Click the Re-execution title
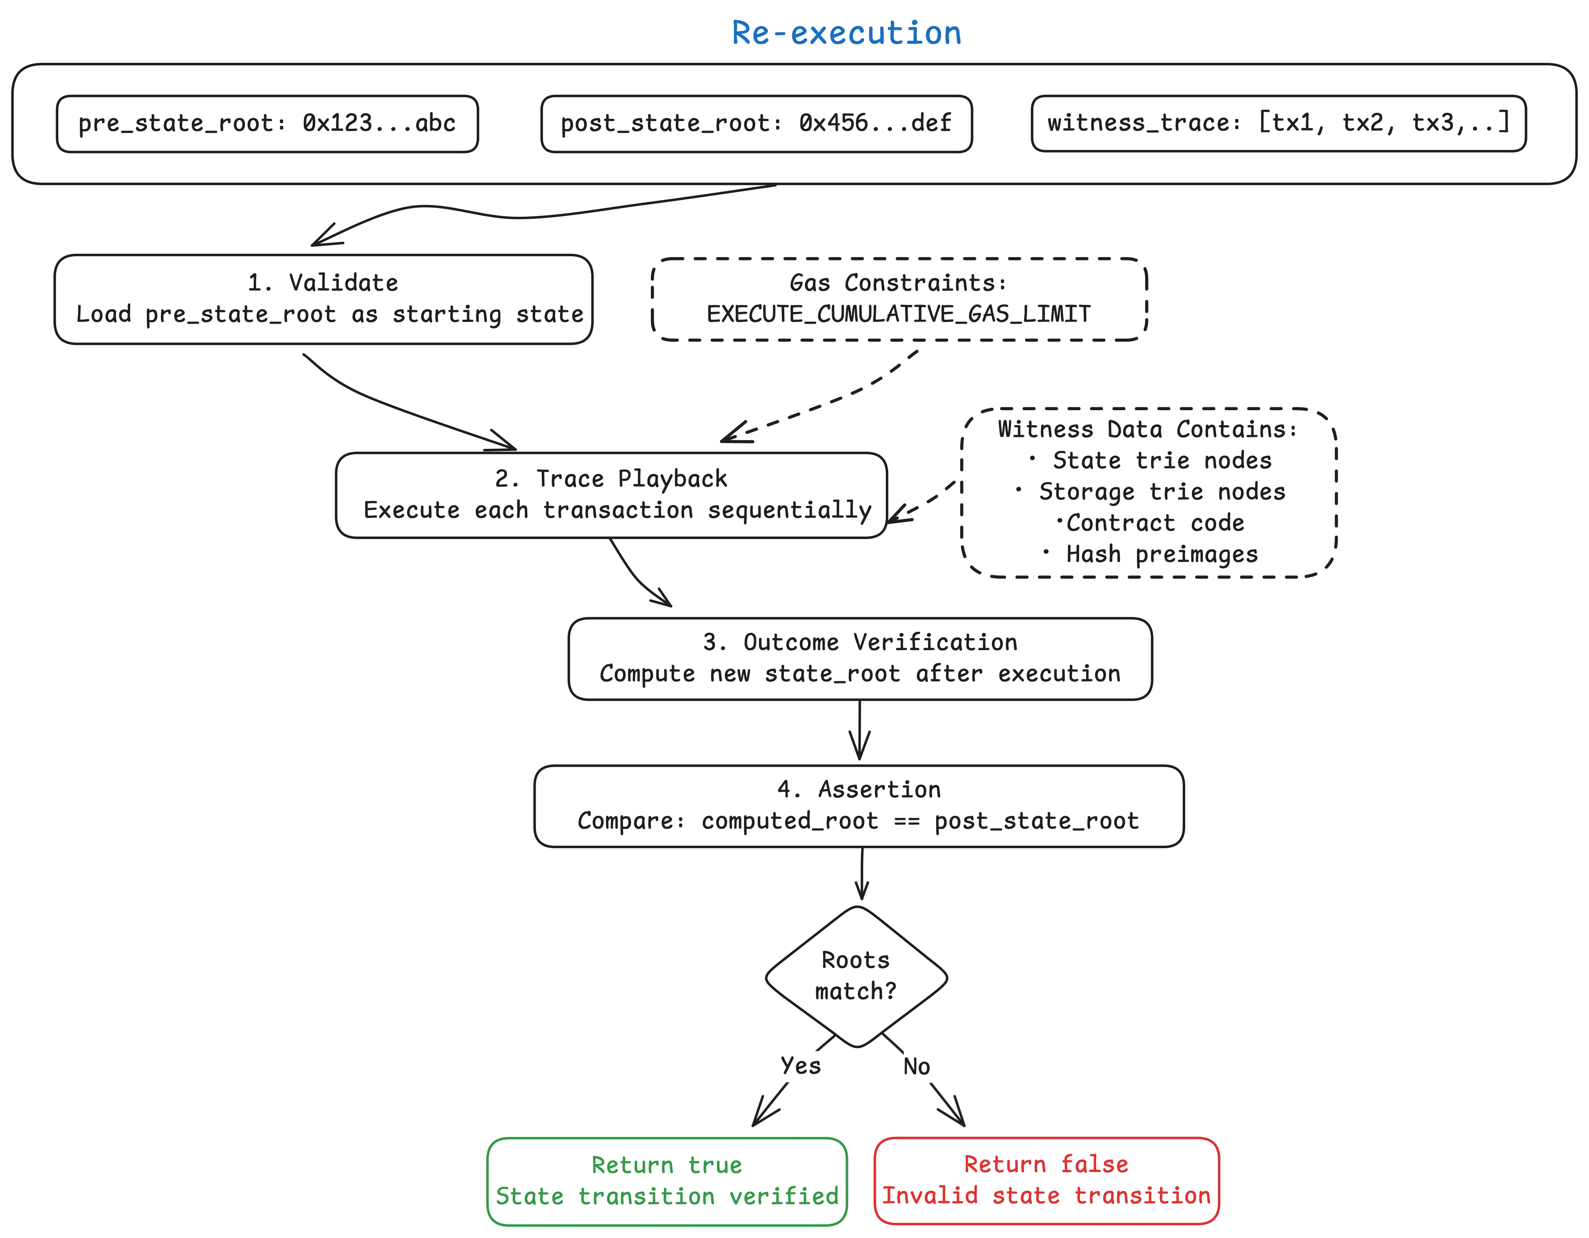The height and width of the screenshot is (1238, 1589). pyautogui.click(x=845, y=33)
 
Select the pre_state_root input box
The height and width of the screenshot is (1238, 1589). pyautogui.click(x=267, y=123)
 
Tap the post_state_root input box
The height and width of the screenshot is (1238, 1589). pyautogui.click(x=756, y=123)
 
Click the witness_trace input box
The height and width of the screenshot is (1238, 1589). pyautogui.click(x=1278, y=122)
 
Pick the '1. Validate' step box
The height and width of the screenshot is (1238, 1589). pyautogui.click(x=324, y=298)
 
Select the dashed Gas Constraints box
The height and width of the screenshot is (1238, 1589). pyautogui.click(x=899, y=298)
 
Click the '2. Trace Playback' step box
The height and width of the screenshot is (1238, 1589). pyautogui.click(x=611, y=494)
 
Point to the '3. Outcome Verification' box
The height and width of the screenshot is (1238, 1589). pyautogui.click(x=859, y=658)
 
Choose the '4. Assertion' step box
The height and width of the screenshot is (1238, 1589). pyautogui.click(x=859, y=805)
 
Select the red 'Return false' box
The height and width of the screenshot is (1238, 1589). pyautogui.click(x=1045, y=1181)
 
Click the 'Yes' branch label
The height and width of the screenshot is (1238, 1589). pyautogui.click(x=800, y=1065)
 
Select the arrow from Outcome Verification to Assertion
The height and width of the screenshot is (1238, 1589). pyautogui.click(x=859, y=731)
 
